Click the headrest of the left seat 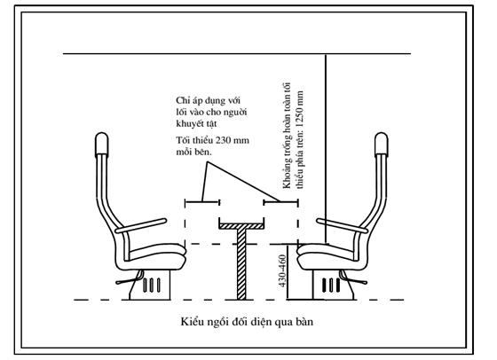point(102,145)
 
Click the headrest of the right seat point(381,145)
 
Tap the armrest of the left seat point(141,225)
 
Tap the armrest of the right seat point(342,225)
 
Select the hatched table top point(241,226)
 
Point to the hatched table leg point(241,264)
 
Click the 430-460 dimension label point(282,271)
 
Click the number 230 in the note point(223,140)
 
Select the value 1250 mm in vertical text point(300,110)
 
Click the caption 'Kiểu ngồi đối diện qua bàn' point(247,322)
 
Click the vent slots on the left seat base point(152,285)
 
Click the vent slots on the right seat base point(331,285)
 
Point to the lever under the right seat point(355,279)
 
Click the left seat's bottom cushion point(155,256)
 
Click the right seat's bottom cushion point(327,256)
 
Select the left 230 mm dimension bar point(202,201)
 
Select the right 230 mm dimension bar point(280,201)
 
